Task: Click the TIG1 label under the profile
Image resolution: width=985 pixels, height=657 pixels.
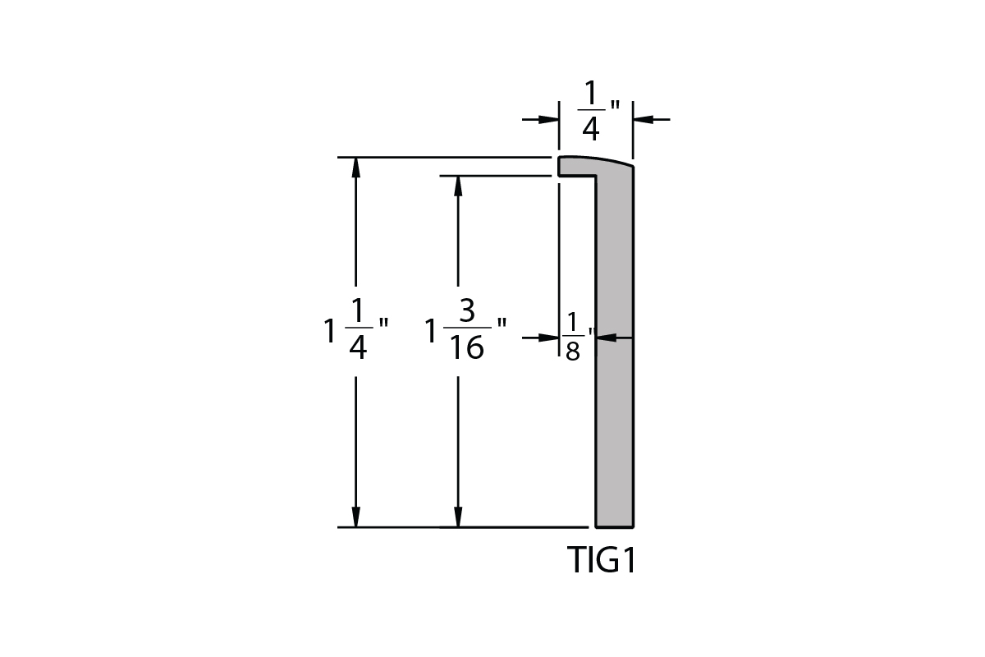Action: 601,560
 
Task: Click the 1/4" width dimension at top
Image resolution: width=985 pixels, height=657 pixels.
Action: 598,110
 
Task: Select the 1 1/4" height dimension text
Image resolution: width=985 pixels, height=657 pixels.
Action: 355,328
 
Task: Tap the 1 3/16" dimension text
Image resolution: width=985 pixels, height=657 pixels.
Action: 465,328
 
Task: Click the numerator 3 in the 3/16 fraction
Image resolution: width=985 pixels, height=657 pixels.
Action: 467,310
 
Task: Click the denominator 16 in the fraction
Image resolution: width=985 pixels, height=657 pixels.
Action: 467,347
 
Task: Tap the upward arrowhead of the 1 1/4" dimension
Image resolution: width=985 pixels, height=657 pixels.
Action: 355,168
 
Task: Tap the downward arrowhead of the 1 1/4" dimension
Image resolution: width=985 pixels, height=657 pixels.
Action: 355,517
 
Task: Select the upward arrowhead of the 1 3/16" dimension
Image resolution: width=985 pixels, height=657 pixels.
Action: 458,186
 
